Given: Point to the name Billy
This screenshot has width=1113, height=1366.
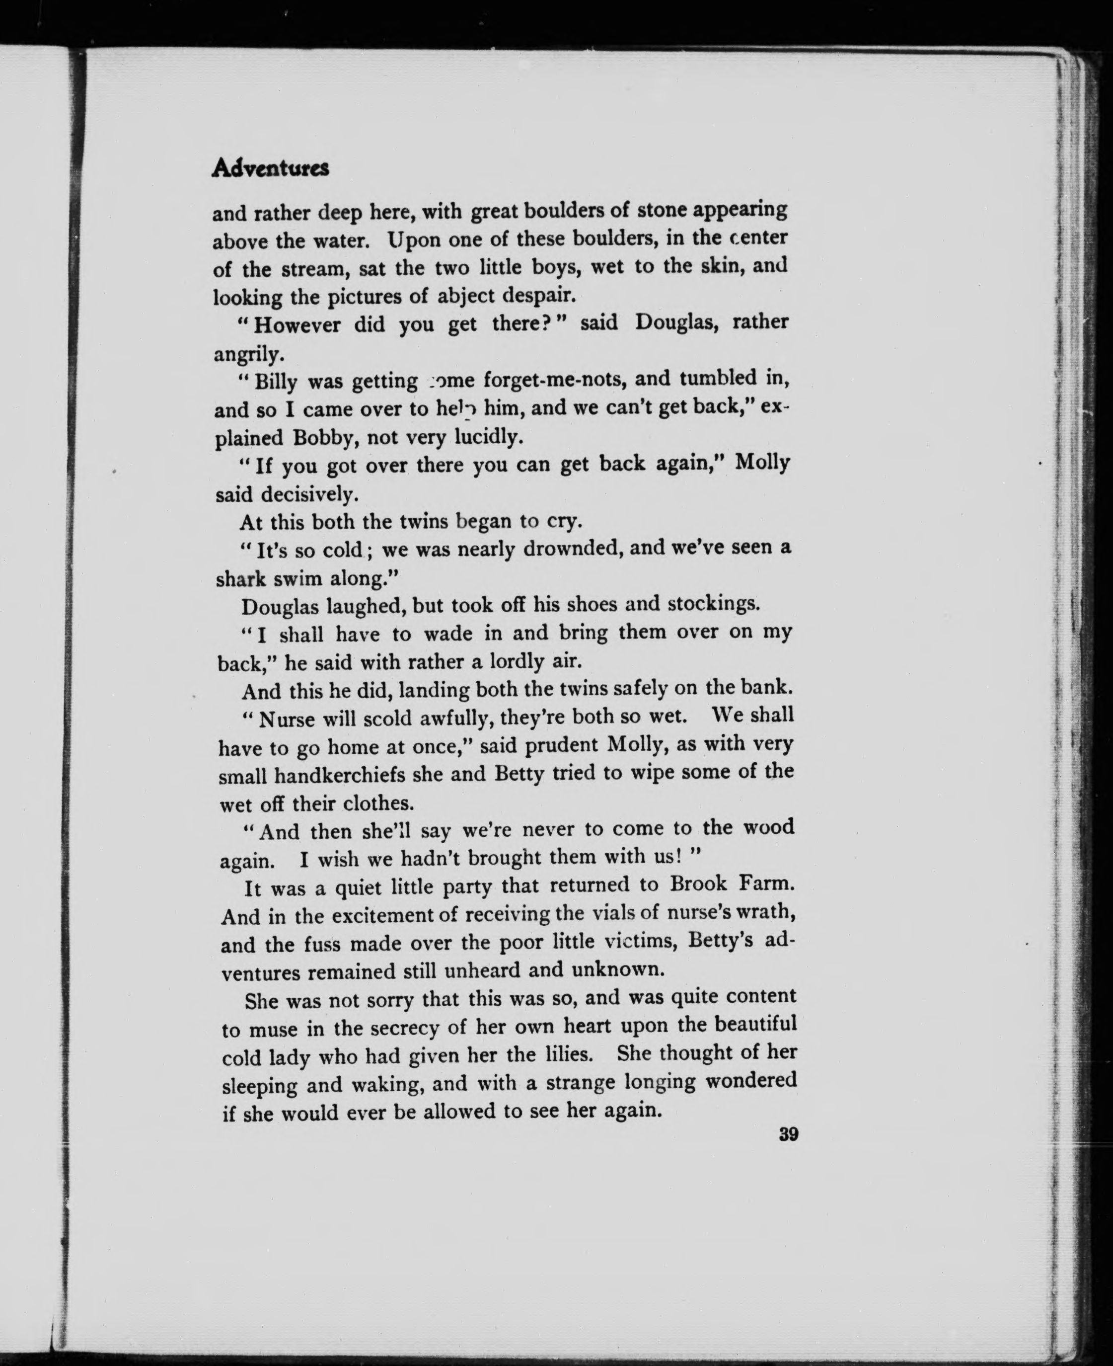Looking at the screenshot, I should click(276, 382).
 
